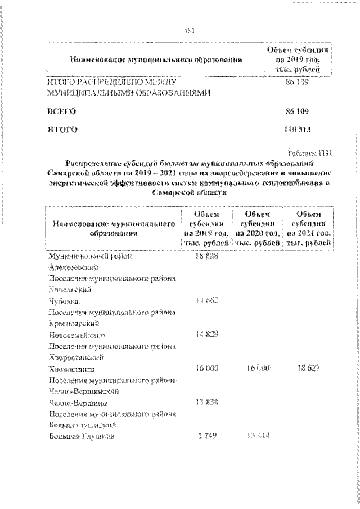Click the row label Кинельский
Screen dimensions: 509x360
[x=70, y=290]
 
